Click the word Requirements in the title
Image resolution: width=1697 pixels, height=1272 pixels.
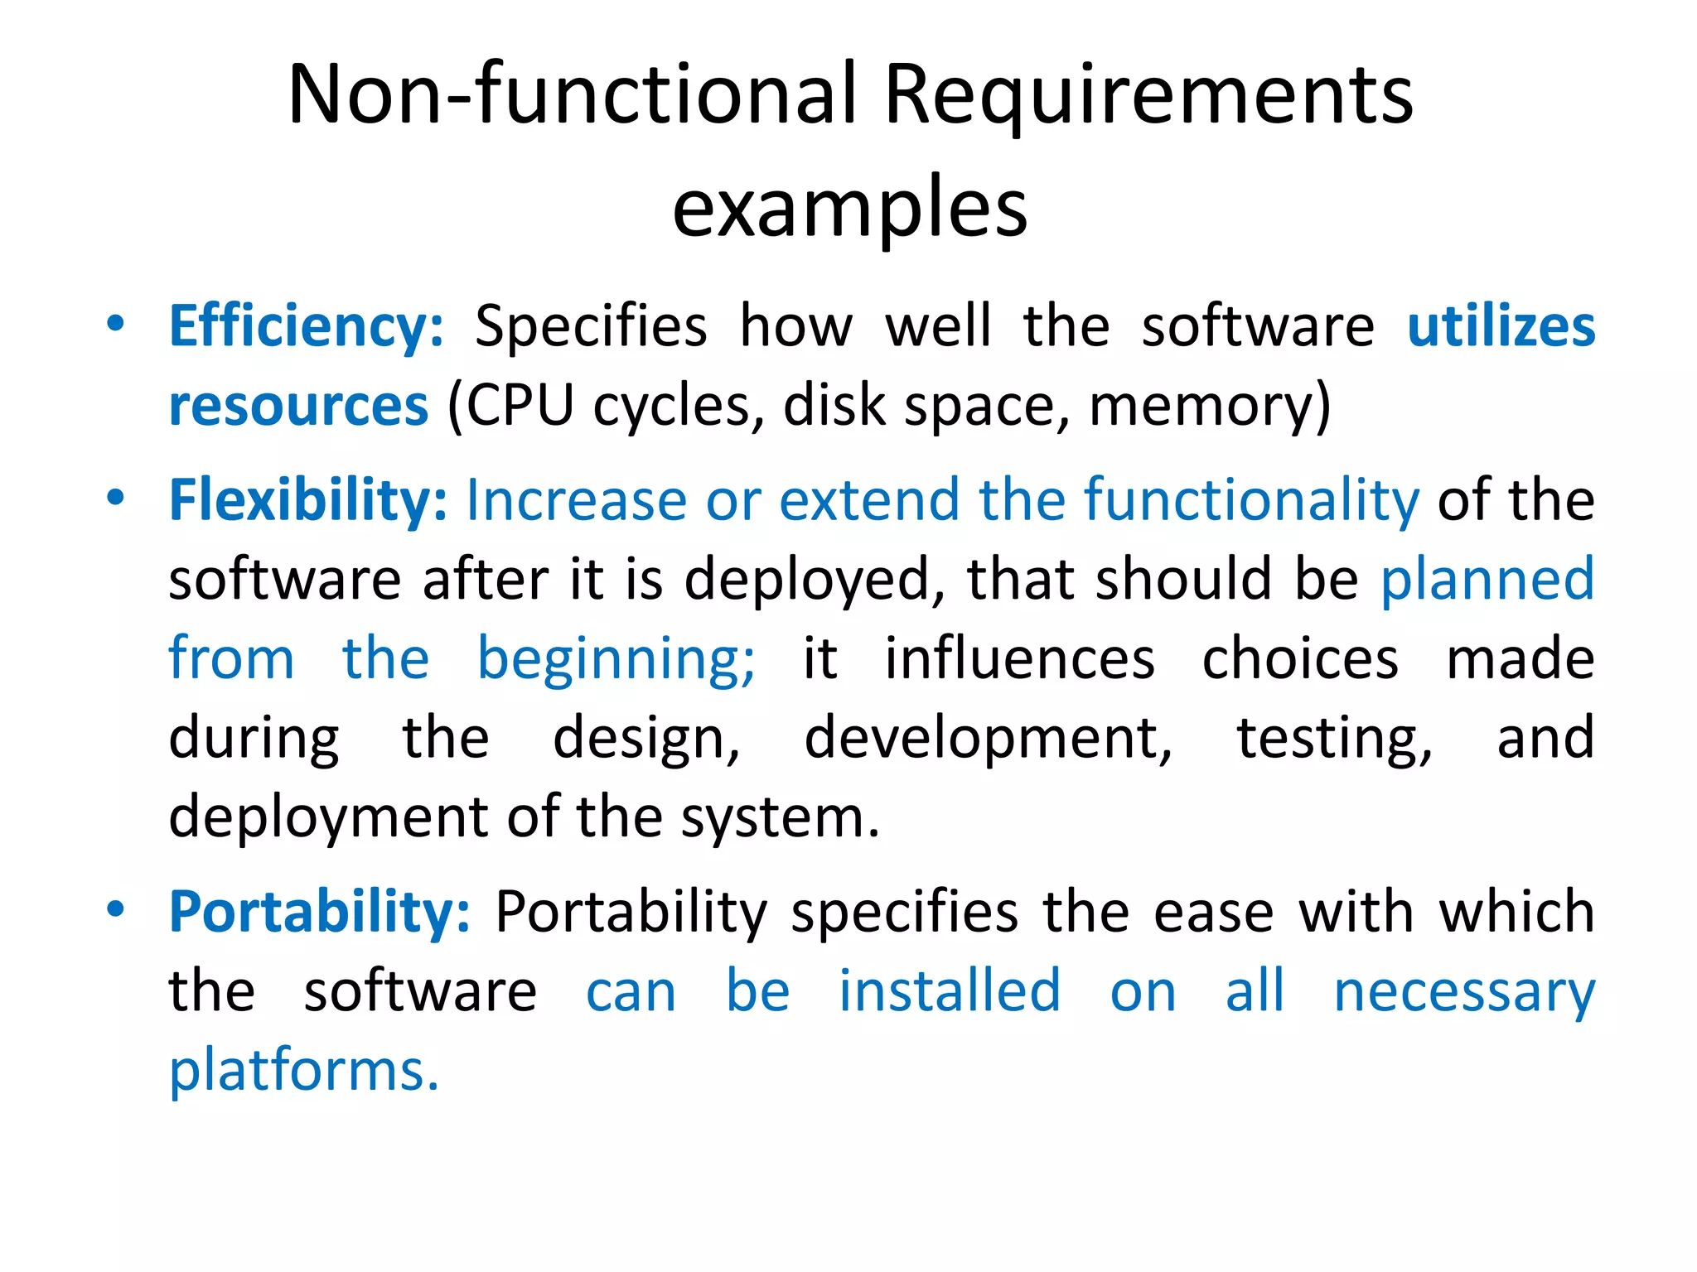(1148, 98)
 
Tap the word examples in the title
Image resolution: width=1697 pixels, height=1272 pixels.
(849, 209)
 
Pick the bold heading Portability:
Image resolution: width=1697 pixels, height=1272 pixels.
(320, 912)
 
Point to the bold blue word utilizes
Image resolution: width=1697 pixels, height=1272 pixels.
(1501, 326)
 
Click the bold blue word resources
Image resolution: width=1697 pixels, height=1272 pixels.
(298, 406)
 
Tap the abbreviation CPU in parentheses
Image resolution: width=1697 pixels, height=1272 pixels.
(520, 406)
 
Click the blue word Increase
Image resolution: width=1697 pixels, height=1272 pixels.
(576, 500)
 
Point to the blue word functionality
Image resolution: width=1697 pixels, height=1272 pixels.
(1252, 500)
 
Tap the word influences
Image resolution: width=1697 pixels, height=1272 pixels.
(1020, 658)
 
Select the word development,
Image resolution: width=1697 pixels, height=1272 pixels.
(989, 738)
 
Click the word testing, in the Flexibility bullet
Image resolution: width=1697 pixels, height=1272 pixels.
(1334, 738)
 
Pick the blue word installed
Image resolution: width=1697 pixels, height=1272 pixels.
(950, 990)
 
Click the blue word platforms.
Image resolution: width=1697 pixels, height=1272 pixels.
(303, 1070)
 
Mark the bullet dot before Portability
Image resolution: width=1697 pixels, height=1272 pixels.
(115, 908)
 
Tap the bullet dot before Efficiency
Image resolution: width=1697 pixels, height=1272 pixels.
(115, 323)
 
